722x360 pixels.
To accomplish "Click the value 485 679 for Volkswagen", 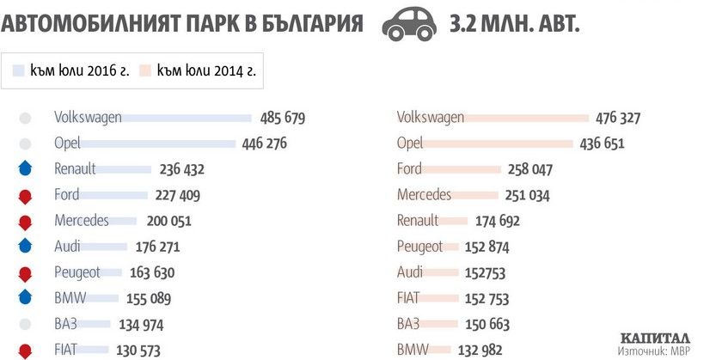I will click(282, 119).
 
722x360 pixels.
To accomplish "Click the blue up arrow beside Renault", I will click(25, 169).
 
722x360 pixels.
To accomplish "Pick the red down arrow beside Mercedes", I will click(25, 221).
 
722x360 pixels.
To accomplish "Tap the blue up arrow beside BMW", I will click(25, 298).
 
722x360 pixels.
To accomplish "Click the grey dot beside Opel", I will click(25, 143).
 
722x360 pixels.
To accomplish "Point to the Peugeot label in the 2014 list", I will click(419, 247).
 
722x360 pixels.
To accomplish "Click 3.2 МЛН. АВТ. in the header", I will click(514, 23).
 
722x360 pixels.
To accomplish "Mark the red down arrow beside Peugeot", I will click(25, 273).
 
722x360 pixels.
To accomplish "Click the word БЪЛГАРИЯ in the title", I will click(294, 23).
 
